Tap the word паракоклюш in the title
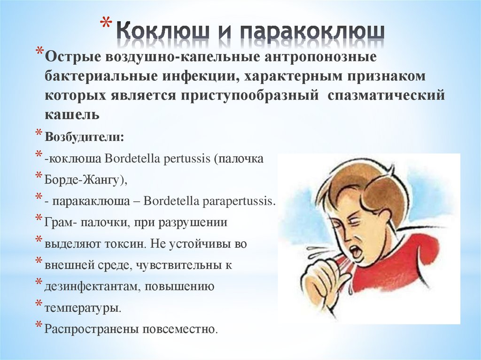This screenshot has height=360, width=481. [x=312, y=31]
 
